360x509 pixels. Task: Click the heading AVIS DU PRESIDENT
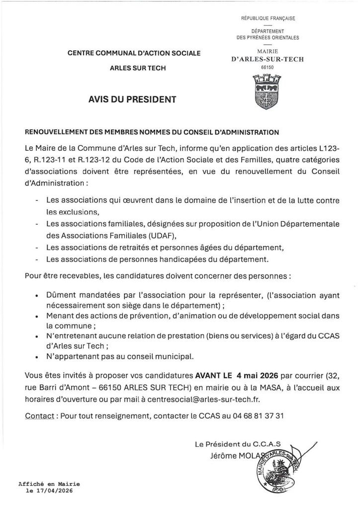click(x=131, y=99)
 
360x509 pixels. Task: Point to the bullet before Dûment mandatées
click(x=37, y=295)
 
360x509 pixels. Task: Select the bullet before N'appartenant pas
click(x=37, y=357)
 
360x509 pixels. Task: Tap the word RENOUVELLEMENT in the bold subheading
click(x=56, y=132)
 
